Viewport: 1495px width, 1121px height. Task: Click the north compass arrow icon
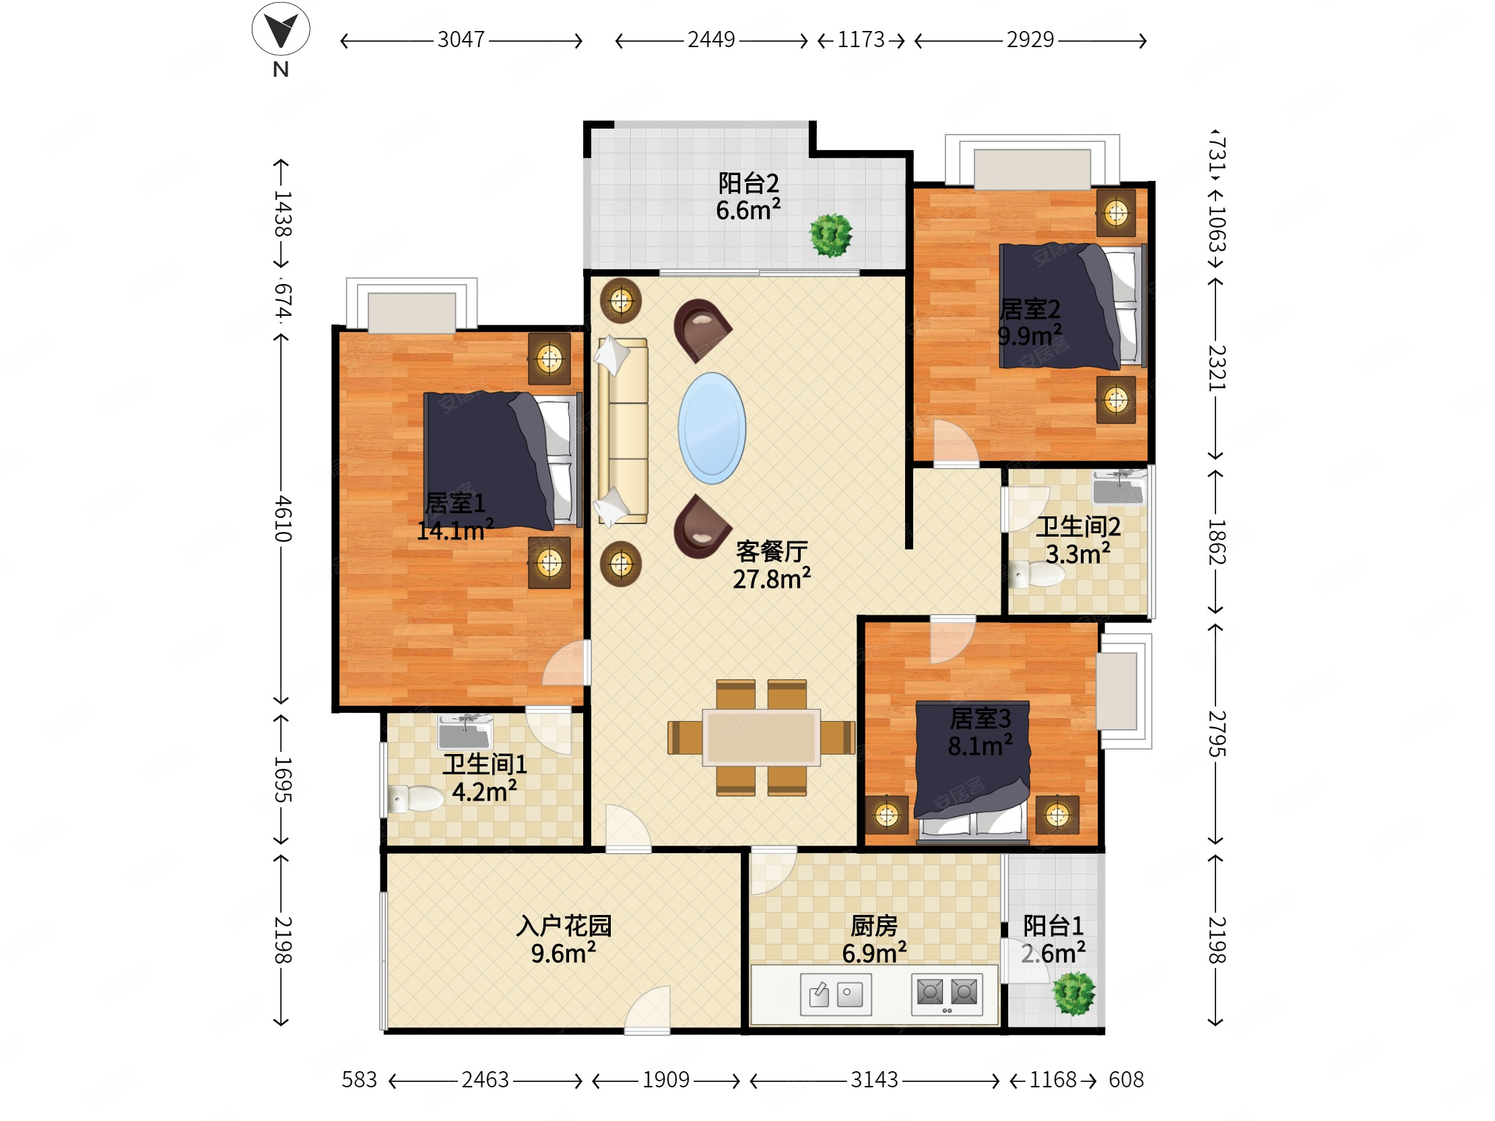click(281, 30)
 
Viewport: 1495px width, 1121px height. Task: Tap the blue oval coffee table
click(712, 428)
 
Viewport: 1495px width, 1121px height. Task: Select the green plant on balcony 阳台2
click(830, 235)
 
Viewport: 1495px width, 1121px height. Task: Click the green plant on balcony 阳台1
click(1073, 993)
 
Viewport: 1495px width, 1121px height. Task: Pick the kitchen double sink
click(835, 994)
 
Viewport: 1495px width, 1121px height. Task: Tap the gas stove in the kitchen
click(947, 994)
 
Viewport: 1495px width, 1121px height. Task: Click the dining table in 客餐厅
click(761, 737)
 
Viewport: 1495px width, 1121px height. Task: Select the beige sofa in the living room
click(622, 430)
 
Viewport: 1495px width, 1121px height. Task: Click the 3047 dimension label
click(461, 40)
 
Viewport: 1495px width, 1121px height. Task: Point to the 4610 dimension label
click(283, 518)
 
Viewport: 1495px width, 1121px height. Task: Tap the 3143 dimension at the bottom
click(874, 1080)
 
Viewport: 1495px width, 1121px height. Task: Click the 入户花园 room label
click(564, 926)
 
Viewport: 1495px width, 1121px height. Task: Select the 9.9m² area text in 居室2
click(1030, 335)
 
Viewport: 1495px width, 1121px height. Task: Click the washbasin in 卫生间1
click(465, 731)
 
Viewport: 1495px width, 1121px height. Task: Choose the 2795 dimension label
click(1217, 734)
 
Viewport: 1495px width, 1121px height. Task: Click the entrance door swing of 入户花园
click(646, 1009)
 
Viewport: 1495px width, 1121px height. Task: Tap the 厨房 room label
click(874, 926)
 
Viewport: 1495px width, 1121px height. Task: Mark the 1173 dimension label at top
click(861, 40)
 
